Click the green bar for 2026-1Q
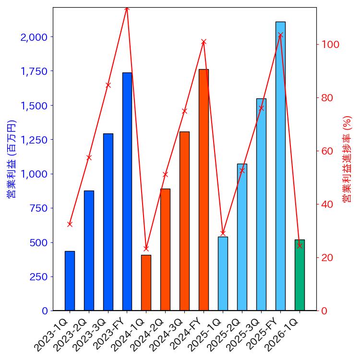click(x=300, y=275)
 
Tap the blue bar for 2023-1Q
click(x=70, y=281)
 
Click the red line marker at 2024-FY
click(x=204, y=42)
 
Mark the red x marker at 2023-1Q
click(x=70, y=224)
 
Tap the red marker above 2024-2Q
click(x=165, y=174)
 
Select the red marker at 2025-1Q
click(x=223, y=233)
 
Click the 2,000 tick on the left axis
click(x=34, y=37)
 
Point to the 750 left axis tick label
click(x=38, y=208)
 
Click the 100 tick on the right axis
click(x=331, y=45)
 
